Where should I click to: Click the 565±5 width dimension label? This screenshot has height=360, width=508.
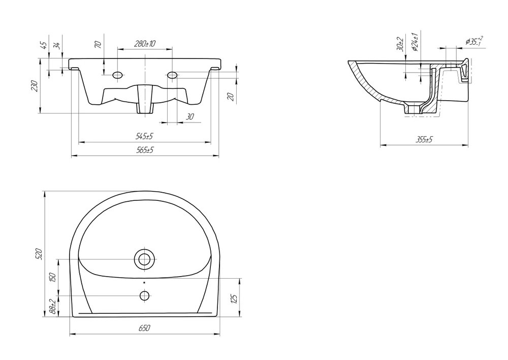[x=144, y=150]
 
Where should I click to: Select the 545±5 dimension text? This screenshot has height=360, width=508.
[x=144, y=136]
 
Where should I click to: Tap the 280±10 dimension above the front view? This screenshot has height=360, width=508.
[x=145, y=43]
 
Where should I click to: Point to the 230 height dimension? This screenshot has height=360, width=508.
[x=35, y=85]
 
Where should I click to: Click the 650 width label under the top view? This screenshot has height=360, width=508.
[x=144, y=328]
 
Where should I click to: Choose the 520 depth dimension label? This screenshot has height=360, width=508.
[x=39, y=254]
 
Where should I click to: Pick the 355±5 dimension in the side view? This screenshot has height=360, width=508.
[x=424, y=140]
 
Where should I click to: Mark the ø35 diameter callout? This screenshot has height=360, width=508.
[x=474, y=41]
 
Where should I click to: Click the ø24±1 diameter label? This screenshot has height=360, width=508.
[x=415, y=42]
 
